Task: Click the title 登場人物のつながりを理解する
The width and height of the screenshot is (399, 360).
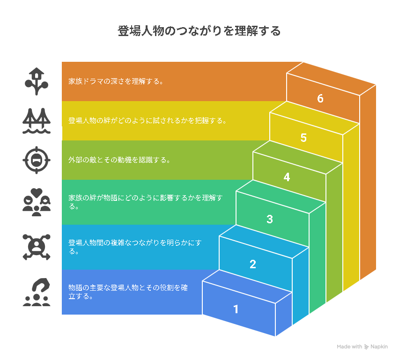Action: tap(199, 31)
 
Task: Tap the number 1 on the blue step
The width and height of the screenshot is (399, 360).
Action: tap(236, 309)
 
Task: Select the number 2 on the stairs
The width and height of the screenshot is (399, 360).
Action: tap(253, 264)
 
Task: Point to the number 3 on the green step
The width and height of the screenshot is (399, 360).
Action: tap(270, 219)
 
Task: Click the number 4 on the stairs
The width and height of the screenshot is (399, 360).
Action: tap(287, 177)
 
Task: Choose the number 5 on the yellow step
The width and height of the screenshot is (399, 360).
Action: tap(303, 138)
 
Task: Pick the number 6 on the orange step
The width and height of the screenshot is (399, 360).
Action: tap(320, 98)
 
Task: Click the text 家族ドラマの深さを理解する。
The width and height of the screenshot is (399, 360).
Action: tap(116, 81)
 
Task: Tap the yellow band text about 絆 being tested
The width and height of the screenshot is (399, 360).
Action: tap(148, 121)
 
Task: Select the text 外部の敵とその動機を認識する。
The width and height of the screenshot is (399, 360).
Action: tap(119, 160)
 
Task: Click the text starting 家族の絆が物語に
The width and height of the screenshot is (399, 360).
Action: tap(146, 202)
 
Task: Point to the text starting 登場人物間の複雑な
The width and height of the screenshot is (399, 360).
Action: tap(135, 247)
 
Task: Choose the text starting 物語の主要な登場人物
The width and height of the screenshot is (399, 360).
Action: tap(128, 292)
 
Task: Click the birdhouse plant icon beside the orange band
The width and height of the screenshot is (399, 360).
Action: tap(37, 81)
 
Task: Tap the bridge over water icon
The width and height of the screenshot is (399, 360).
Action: tap(37, 121)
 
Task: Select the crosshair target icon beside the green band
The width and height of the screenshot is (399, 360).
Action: tap(37, 160)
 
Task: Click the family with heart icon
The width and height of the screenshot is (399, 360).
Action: tap(37, 202)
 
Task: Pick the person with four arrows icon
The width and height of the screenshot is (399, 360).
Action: tap(37, 247)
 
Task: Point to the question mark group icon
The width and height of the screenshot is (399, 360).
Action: tap(37, 292)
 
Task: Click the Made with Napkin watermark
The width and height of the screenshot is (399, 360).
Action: tap(362, 347)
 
